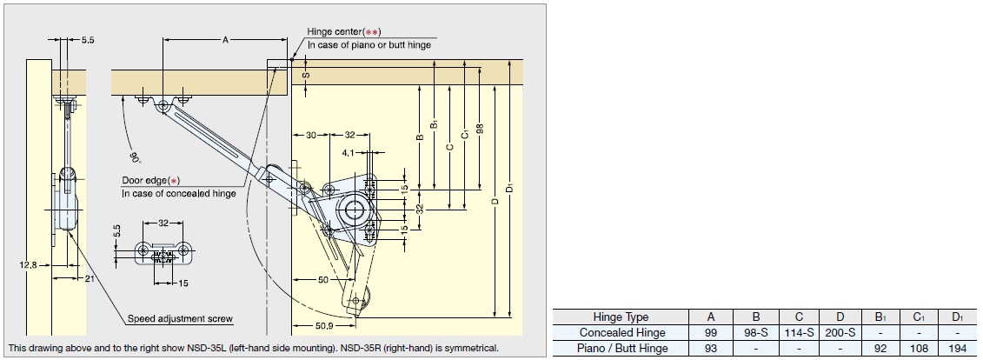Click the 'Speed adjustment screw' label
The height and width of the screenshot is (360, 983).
tap(180, 318)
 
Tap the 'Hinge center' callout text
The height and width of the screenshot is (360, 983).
tap(340, 32)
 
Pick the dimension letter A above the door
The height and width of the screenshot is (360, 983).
tap(224, 40)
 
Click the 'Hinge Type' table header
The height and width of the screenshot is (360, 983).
tap(621, 317)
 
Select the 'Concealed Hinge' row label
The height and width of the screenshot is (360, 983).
tap(621, 333)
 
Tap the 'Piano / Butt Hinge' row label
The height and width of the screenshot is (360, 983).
tap(621, 349)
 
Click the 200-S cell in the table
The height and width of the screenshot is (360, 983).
tap(840, 333)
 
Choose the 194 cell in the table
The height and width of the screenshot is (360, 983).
tap(957, 349)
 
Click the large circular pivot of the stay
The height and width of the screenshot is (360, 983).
tap(353, 209)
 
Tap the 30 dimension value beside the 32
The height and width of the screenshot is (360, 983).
tap(310, 135)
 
